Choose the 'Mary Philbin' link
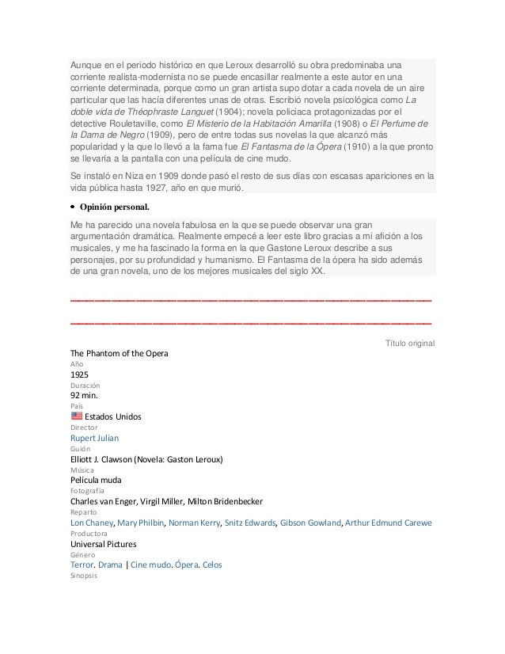(x=140, y=523)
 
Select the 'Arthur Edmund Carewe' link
(x=394, y=523)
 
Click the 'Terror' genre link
(x=82, y=566)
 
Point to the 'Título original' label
(x=408, y=342)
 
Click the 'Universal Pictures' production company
(x=104, y=545)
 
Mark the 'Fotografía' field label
(x=87, y=491)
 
